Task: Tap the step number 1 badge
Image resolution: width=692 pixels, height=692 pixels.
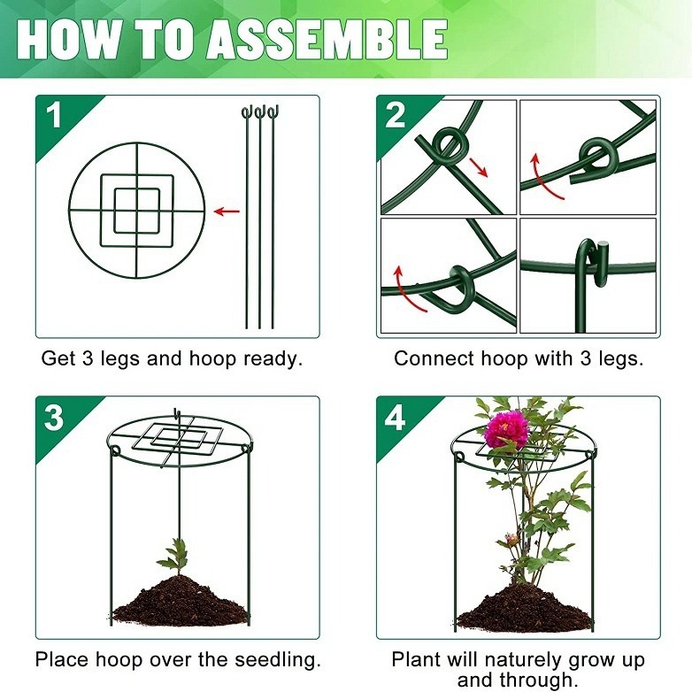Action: click(54, 116)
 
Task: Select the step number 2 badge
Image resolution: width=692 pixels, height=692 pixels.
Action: click(395, 116)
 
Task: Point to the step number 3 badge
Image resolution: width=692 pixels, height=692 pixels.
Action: click(54, 417)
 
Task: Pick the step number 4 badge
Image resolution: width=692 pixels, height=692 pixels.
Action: click(395, 418)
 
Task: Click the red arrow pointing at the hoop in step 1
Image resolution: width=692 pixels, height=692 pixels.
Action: click(227, 211)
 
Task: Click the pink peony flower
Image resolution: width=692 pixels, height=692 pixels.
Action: click(506, 429)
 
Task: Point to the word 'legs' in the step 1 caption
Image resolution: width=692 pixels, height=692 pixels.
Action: click(120, 359)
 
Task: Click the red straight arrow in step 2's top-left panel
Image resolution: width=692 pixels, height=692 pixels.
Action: click(479, 167)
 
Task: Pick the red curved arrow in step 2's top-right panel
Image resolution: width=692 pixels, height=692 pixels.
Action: click(545, 176)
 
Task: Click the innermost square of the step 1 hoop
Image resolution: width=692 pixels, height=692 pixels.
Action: click(137, 211)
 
